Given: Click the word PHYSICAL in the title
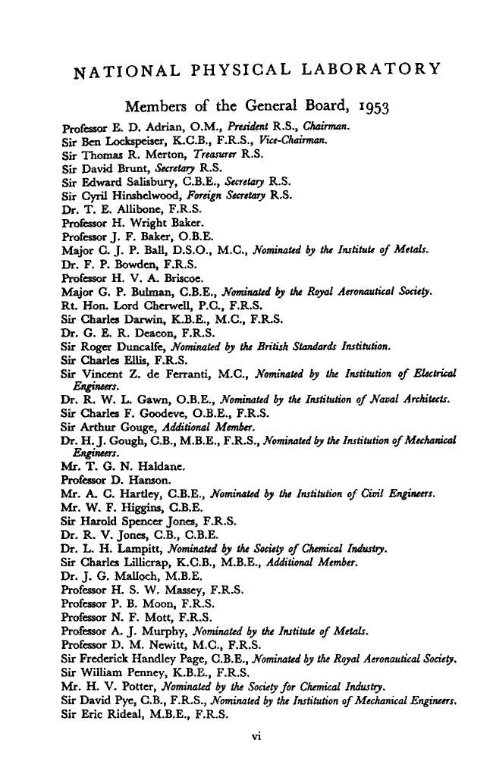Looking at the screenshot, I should [x=249, y=72].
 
